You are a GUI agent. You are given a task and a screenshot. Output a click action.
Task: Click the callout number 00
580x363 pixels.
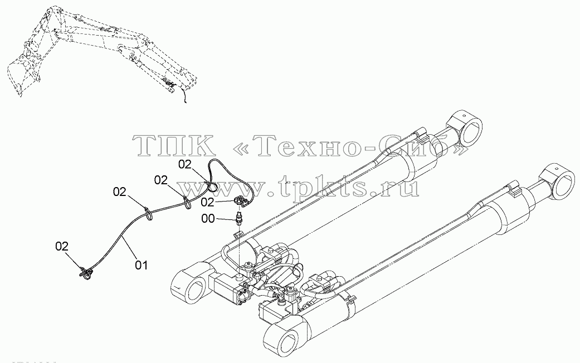pos(208,219)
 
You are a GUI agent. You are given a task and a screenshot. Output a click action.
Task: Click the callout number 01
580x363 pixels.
pos(141,265)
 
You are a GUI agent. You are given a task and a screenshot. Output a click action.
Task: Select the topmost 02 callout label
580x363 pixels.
pos(185,164)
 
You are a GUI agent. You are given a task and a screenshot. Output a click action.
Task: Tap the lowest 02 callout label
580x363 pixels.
pos(62,247)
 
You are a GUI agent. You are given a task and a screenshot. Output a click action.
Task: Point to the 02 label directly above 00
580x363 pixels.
pos(208,202)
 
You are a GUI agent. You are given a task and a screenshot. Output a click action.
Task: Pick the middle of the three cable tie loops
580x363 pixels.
pos(187,202)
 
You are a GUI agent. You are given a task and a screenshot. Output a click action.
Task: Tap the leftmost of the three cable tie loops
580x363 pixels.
pos(148,213)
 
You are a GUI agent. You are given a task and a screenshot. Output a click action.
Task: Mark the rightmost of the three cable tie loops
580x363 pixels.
pos(212,185)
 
